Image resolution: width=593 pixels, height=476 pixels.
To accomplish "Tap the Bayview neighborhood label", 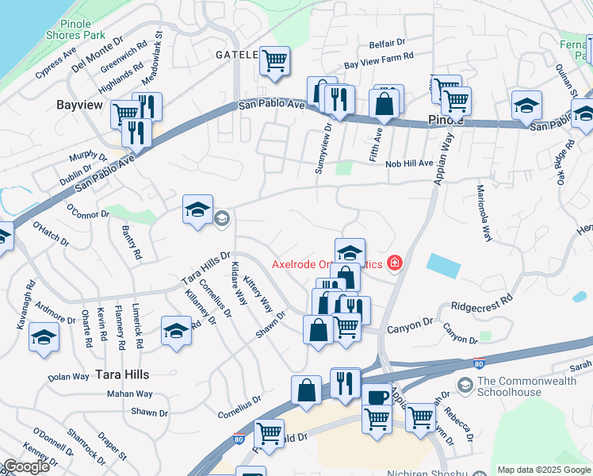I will [x=82, y=104].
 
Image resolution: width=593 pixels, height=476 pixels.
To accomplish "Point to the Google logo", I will [x=26, y=466].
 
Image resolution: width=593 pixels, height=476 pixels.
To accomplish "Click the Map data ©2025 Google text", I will [x=544, y=470].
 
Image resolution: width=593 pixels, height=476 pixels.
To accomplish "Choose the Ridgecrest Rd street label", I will [x=481, y=303].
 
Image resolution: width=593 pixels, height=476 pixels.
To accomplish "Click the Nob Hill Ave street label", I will [x=409, y=163].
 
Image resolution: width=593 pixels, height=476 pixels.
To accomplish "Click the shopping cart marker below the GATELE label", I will [x=274, y=60].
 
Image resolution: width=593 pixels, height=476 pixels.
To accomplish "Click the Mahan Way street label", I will [x=130, y=393].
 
